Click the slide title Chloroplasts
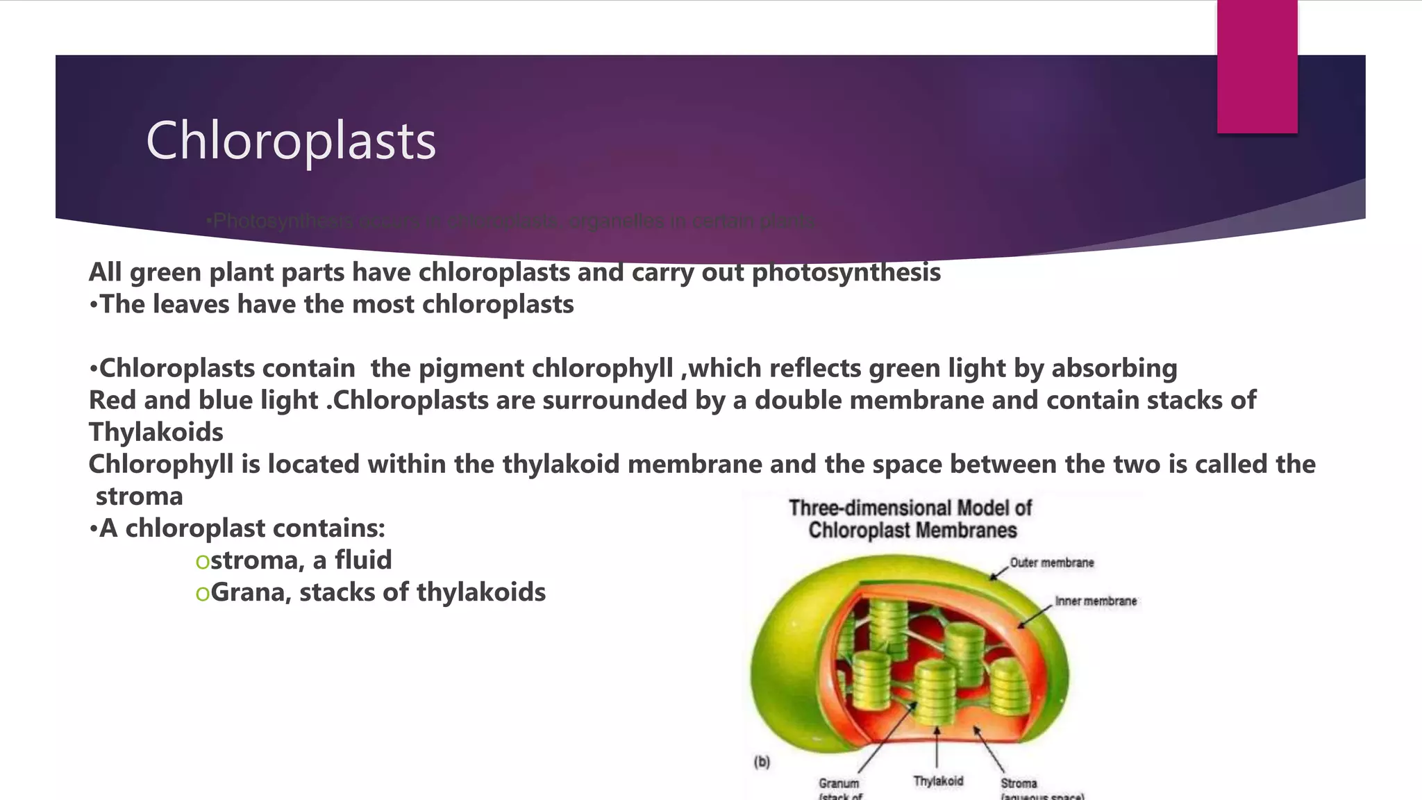point(291,141)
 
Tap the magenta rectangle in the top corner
point(1257,66)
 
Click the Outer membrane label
point(1051,562)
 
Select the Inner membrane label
point(1096,601)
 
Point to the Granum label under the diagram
point(839,783)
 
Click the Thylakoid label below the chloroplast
point(938,781)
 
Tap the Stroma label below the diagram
point(1019,783)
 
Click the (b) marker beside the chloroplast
point(762,762)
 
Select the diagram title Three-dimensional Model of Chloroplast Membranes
point(911,519)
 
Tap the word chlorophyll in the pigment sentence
point(603,368)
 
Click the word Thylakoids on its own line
point(156,432)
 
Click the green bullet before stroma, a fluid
point(202,561)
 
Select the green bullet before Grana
point(202,593)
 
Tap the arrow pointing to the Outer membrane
point(998,572)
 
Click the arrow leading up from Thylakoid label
point(937,747)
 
